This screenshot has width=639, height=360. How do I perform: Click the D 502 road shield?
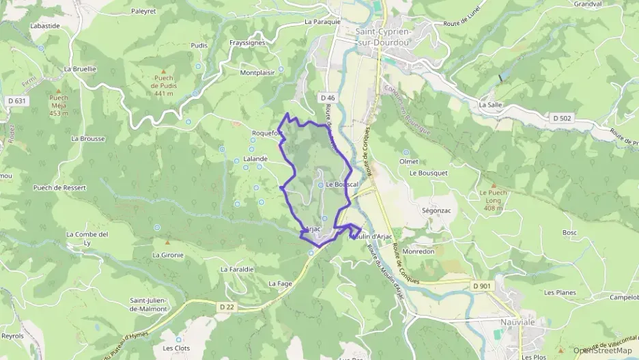(x=561, y=118)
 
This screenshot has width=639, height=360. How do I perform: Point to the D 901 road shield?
(x=481, y=285)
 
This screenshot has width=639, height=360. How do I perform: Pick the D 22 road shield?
(x=227, y=307)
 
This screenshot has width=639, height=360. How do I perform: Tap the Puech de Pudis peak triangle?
(x=163, y=71)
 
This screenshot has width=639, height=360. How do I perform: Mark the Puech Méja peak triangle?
(x=59, y=90)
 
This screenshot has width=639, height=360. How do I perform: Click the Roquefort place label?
(x=267, y=133)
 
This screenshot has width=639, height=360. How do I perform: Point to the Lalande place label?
(x=255, y=158)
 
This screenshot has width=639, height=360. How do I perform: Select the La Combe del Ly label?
(x=87, y=238)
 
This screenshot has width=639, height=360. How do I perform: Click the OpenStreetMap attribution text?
(x=602, y=350)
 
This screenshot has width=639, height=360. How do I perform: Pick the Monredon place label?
(x=418, y=251)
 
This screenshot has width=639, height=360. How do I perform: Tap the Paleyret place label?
(x=143, y=11)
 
